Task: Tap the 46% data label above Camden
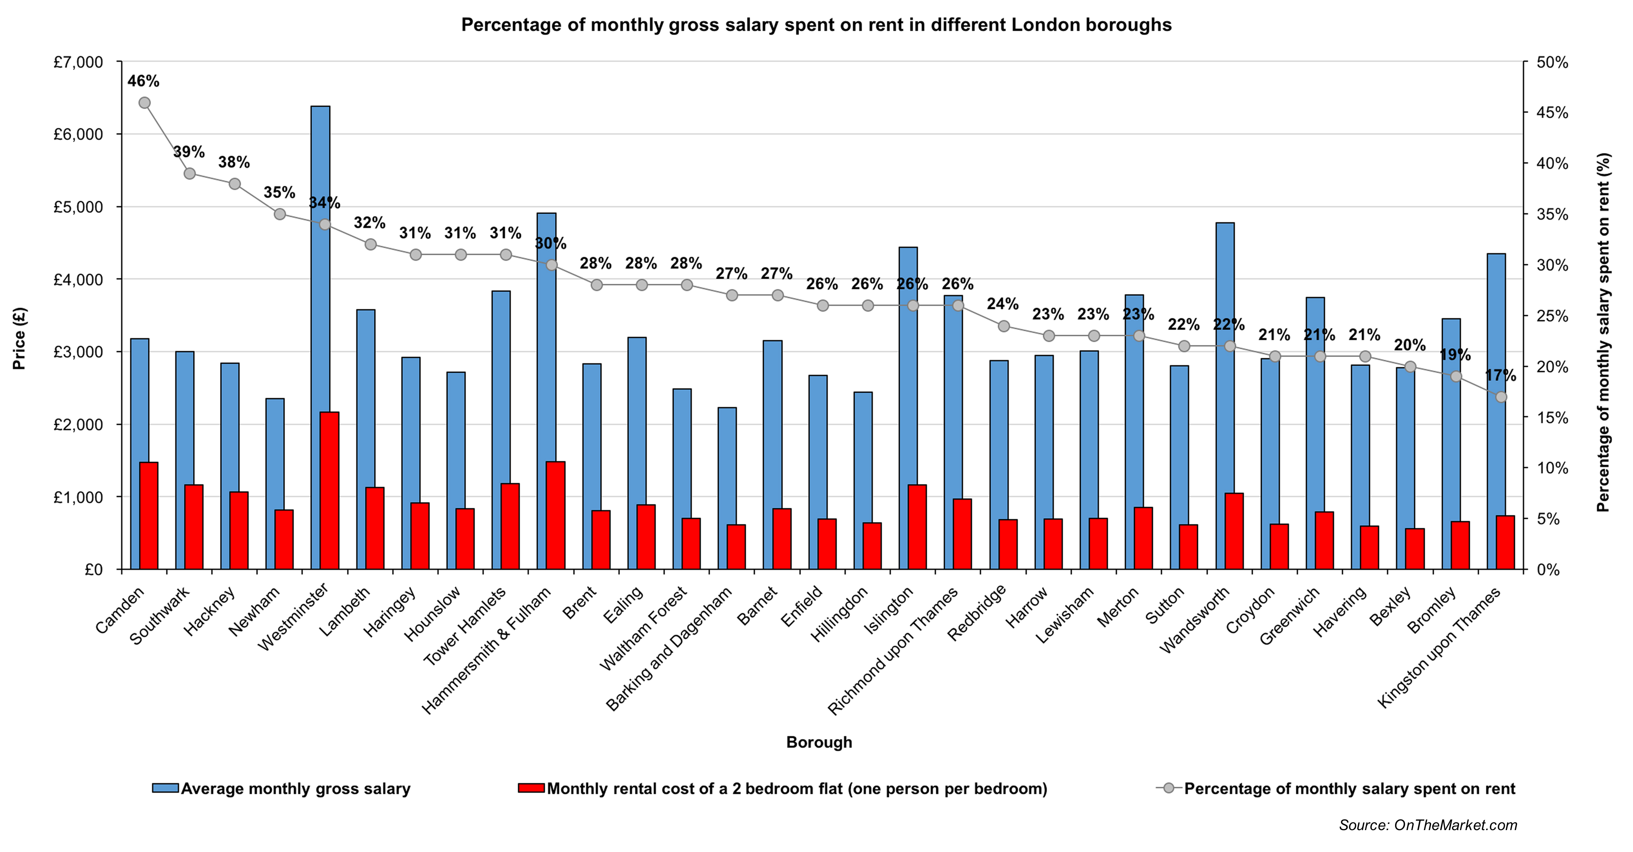[143, 81]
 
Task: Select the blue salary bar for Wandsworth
[1225, 355]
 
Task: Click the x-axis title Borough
[819, 742]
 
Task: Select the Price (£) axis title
[19, 338]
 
